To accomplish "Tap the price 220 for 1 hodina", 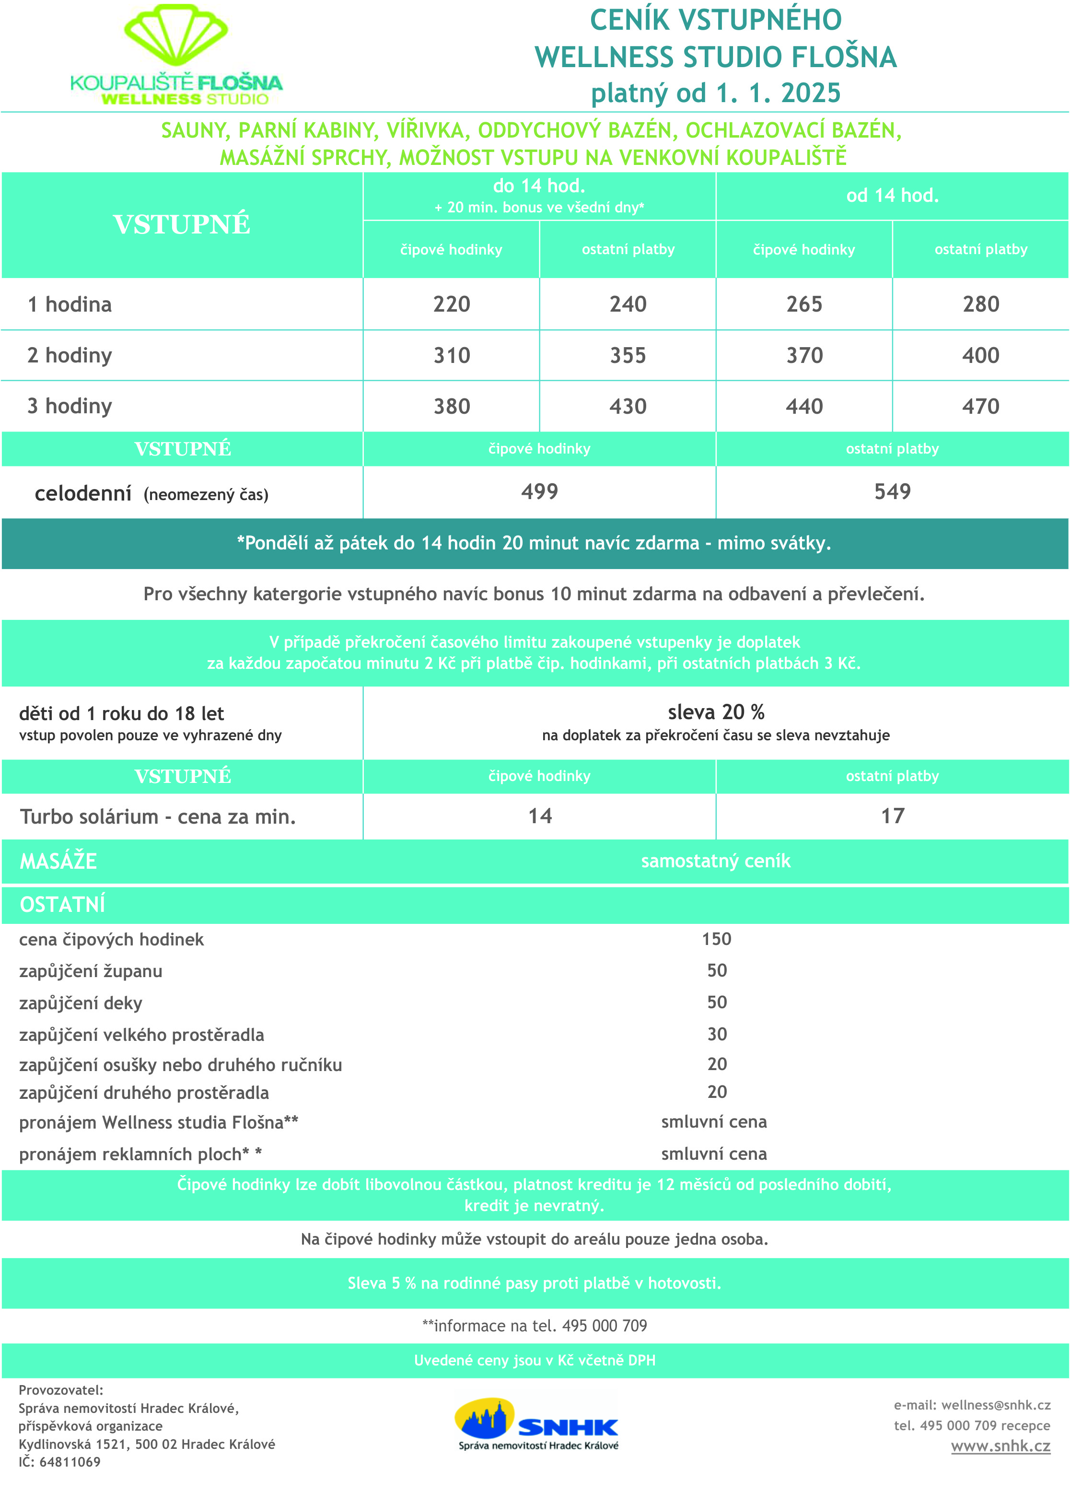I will point(451,304).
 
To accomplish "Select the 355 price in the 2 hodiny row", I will point(628,355).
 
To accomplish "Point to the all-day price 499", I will point(539,491).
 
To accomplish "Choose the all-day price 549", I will point(893,491).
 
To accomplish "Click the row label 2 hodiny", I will point(70,355).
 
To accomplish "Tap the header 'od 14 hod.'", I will point(893,196).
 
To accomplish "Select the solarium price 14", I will point(540,816).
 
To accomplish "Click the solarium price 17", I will point(893,816).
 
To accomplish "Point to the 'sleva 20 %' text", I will point(716,712).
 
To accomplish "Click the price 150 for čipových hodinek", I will point(716,939).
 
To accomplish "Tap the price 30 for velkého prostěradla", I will point(717,1034).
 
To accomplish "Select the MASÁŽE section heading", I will point(58,861).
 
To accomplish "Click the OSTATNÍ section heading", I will point(62,905).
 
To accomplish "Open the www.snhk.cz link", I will point(1000,1446).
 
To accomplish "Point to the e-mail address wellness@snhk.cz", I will point(996,1405).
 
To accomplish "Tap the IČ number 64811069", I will point(70,1462).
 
